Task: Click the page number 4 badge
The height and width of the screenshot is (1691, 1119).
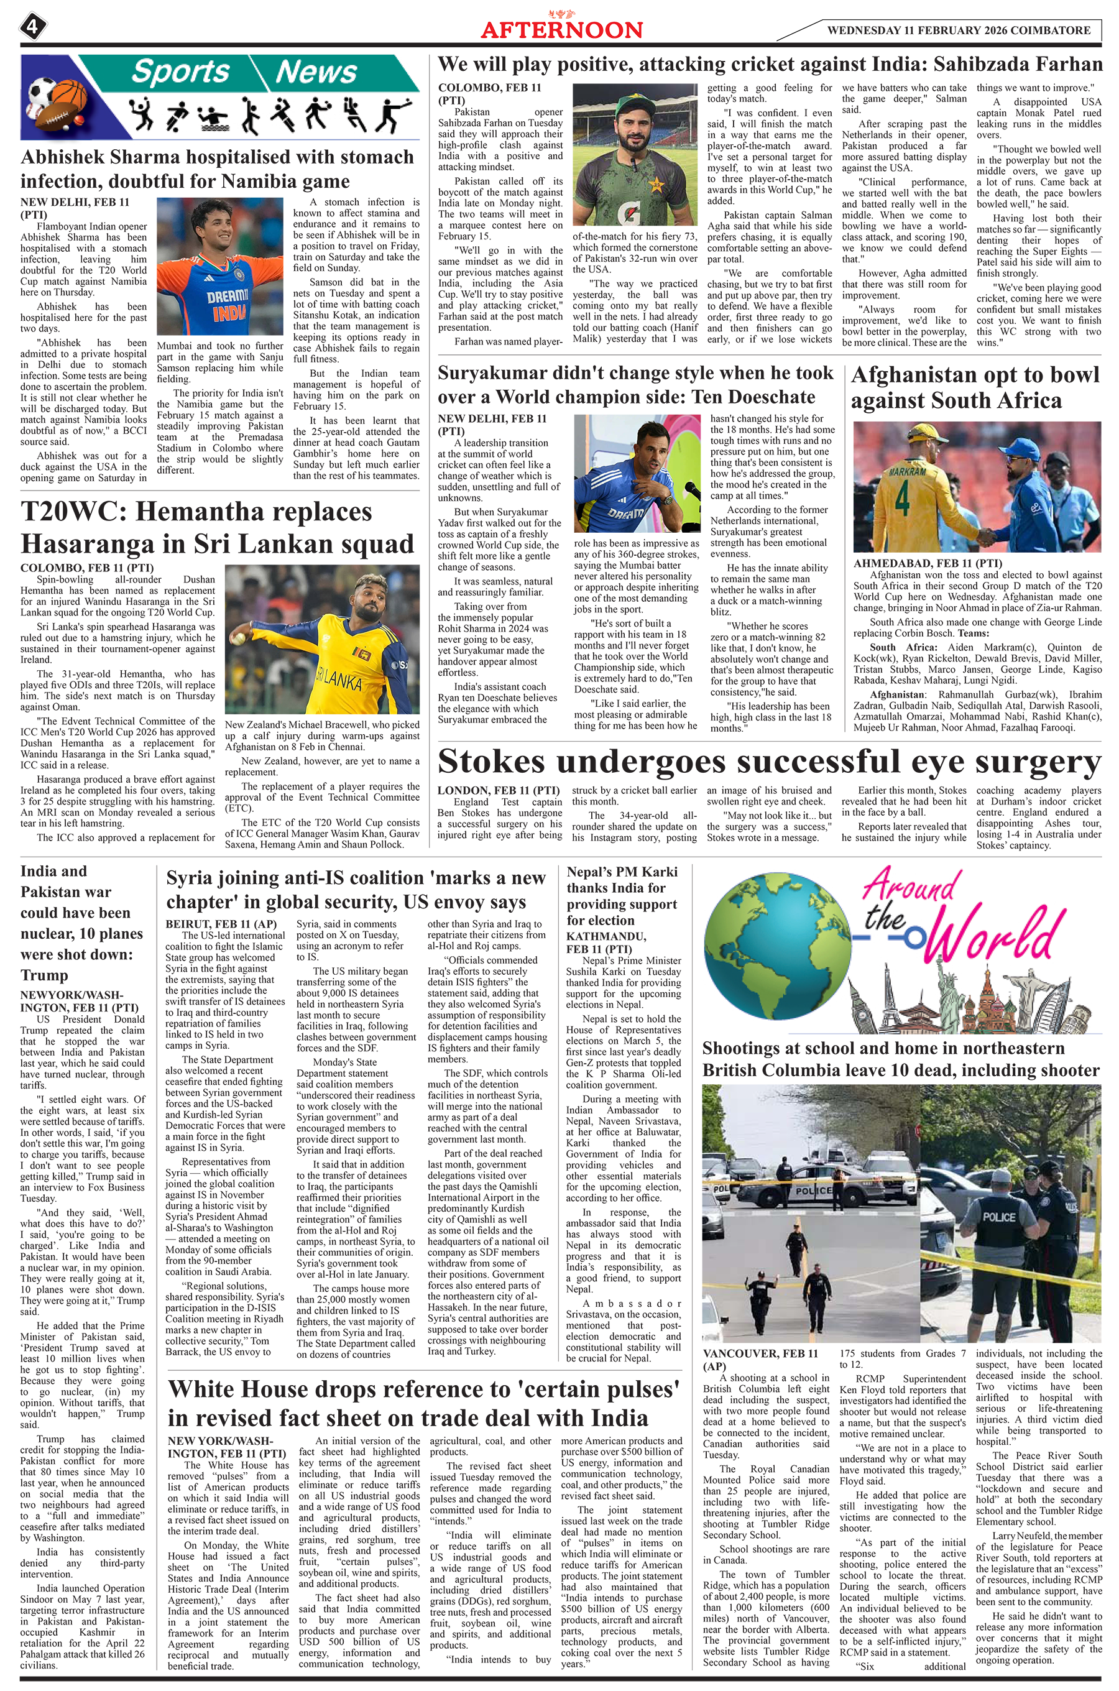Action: [x=32, y=28]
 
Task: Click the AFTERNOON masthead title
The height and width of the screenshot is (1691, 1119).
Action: [x=561, y=30]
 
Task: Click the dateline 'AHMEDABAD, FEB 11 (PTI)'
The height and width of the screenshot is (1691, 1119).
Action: [x=918, y=564]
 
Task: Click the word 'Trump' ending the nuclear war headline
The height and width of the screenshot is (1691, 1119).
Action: [x=44, y=975]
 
